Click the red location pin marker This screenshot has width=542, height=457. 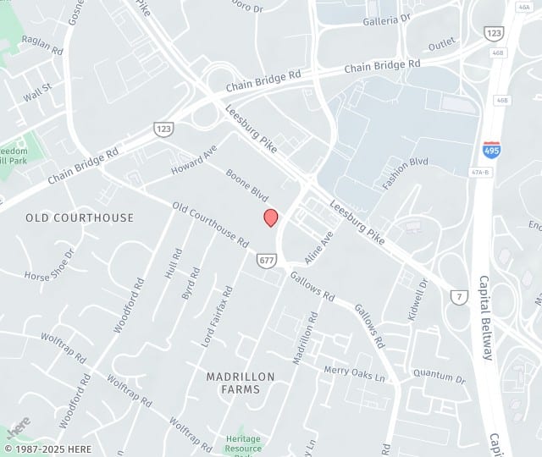click(271, 217)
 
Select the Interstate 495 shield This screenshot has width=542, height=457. click(491, 151)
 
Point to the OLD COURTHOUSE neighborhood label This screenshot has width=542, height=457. click(80, 217)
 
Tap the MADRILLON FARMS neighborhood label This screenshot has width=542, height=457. click(233, 382)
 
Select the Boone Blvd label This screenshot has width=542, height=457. click(247, 185)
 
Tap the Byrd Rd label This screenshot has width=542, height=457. click(191, 284)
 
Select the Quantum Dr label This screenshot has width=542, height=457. click(440, 377)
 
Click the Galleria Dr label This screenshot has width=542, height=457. click(387, 18)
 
